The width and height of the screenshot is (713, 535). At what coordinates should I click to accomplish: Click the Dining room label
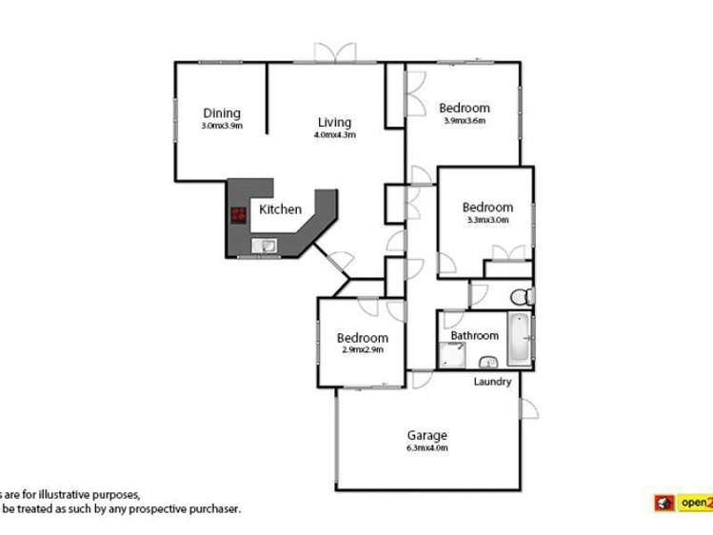[221, 113]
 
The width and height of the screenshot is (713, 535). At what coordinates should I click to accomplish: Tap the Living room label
[334, 122]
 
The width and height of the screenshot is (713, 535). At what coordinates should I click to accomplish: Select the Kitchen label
[281, 209]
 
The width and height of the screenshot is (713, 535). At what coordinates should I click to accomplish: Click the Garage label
[427, 436]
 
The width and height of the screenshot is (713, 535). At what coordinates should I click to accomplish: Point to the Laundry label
[493, 382]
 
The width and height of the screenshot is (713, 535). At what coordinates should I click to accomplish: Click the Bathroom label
[474, 335]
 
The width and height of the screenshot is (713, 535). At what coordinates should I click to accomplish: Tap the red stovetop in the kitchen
[239, 215]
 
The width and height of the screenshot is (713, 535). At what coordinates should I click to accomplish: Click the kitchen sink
[266, 247]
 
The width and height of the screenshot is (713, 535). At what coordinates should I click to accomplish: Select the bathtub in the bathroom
[520, 339]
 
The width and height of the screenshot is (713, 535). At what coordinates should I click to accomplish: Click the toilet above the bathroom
[520, 294]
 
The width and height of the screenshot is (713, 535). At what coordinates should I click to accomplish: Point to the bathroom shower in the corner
[452, 355]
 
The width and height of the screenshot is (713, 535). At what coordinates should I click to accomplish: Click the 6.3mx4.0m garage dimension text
[427, 447]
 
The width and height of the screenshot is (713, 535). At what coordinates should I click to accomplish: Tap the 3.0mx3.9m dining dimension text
[221, 126]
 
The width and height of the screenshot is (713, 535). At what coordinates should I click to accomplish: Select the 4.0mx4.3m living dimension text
[334, 134]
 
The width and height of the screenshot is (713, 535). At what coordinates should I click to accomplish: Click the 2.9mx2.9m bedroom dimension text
[362, 349]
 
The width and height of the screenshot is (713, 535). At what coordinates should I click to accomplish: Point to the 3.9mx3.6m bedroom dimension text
[465, 120]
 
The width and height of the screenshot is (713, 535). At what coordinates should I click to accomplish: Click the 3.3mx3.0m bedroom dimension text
[487, 220]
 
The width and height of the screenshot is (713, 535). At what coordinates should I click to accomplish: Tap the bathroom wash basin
[488, 362]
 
